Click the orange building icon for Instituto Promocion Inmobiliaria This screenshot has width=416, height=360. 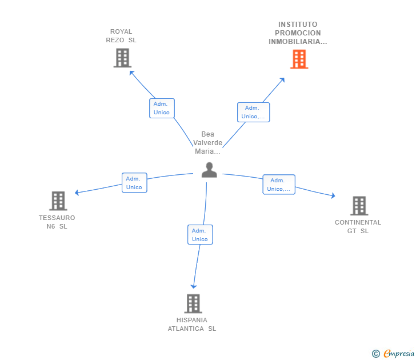(299, 59)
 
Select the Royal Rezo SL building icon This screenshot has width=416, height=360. (122, 58)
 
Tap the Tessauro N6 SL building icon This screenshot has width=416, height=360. (58, 201)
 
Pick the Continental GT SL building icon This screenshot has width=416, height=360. (358, 206)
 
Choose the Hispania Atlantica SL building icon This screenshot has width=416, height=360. (193, 303)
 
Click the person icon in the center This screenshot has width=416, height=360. (209, 170)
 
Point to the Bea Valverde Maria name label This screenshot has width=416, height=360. (207, 143)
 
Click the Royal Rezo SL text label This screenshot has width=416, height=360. (121, 36)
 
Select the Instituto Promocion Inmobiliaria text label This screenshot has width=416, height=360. (298, 33)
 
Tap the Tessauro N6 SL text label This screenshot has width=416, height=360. (57, 222)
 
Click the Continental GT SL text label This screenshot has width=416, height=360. (358, 226)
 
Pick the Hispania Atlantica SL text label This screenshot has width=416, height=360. (192, 324)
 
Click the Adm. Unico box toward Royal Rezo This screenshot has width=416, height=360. (162, 108)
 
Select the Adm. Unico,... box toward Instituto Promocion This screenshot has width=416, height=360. (253, 112)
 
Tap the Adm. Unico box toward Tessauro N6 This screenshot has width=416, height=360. (134, 182)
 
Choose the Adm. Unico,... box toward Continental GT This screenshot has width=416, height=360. (279, 185)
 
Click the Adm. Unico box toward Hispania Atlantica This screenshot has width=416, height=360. (200, 234)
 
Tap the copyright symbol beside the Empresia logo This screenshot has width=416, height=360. (376, 354)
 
